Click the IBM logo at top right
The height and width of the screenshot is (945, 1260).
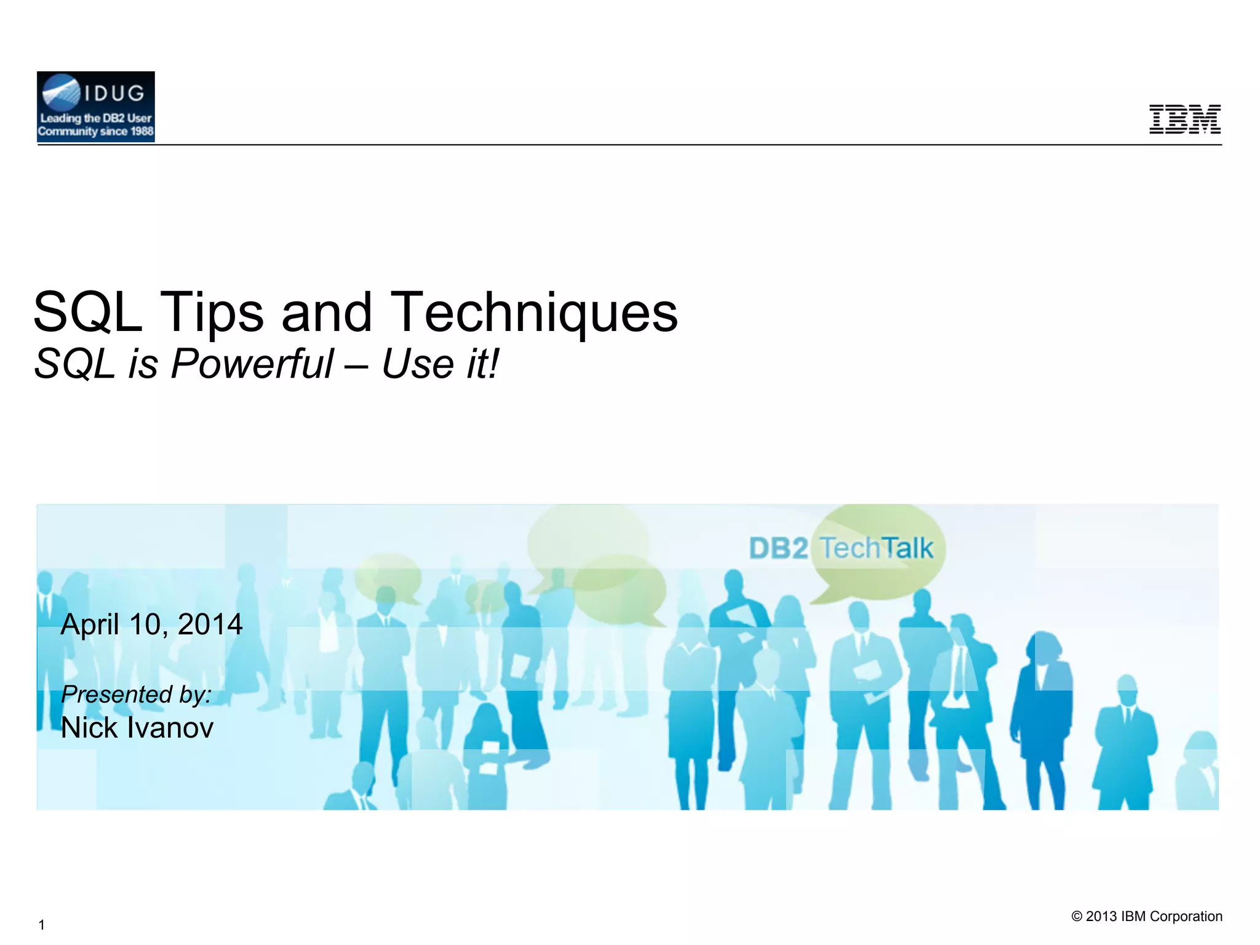(1185, 119)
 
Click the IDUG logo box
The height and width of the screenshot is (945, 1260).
(96, 107)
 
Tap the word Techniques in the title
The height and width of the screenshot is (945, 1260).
(534, 313)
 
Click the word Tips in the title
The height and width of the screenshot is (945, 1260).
(213, 313)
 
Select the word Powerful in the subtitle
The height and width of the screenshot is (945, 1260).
(252, 364)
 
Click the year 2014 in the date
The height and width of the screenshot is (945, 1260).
(210, 624)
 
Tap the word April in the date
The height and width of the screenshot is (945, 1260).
(90, 624)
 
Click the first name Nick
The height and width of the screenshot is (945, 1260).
(89, 728)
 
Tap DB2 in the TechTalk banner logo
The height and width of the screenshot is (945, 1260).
(778, 548)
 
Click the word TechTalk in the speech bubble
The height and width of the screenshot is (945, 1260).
(877, 548)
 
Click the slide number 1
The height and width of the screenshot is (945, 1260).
(41, 925)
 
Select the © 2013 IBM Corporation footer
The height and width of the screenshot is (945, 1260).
(1147, 916)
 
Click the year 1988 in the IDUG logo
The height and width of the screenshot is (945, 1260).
(142, 131)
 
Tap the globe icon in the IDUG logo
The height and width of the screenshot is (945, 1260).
(60, 93)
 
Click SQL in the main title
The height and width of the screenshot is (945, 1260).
(87, 313)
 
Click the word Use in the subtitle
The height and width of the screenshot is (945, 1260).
(418, 364)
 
